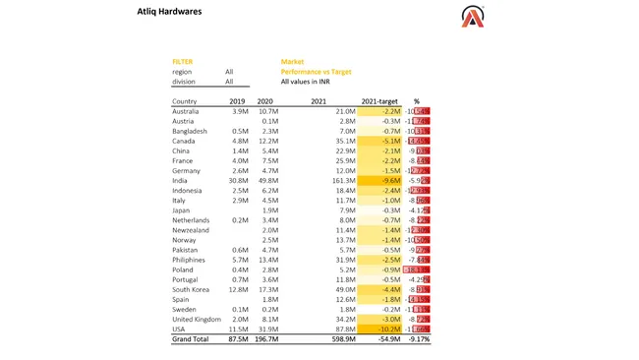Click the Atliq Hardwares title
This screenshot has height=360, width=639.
169,13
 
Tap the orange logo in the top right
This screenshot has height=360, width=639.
472,16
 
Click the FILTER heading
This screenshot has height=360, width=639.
182,62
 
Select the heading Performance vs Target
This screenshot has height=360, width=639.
316,72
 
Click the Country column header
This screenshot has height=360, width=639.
184,101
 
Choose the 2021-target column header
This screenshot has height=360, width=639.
379,101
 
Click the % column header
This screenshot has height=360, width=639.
416,101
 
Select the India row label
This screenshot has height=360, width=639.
180,181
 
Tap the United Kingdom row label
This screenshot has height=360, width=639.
197,319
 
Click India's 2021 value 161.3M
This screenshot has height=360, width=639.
343,181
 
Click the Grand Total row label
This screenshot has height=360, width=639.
191,339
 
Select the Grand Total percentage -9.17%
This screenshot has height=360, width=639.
417,339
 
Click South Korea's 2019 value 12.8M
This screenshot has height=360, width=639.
237,289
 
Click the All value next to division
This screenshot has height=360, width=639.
229,82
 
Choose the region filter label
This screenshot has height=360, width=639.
182,72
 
